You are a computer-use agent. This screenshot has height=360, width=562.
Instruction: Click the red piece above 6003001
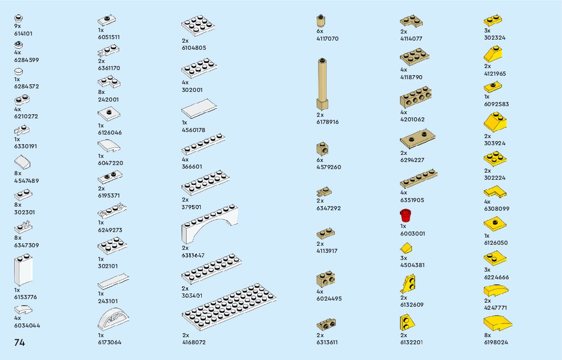[x=405, y=215]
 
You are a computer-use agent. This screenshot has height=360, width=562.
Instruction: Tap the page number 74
[x=19, y=342]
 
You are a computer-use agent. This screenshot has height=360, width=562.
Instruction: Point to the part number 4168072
[x=194, y=342]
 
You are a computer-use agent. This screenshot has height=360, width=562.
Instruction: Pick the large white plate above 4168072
[x=229, y=307]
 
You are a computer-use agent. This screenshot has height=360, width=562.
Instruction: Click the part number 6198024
[x=496, y=342]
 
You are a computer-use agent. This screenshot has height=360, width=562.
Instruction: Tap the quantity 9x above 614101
[x=18, y=26]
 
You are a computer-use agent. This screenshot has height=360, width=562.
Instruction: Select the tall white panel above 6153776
[x=23, y=271]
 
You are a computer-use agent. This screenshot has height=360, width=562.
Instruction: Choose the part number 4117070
[x=327, y=39]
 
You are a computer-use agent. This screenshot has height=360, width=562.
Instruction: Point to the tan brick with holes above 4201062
[x=419, y=97]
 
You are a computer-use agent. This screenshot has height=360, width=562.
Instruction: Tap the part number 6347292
[x=328, y=208]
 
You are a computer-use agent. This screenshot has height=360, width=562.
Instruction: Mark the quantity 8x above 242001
[x=101, y=92]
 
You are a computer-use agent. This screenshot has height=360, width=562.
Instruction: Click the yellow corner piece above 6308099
[x=494, y=192]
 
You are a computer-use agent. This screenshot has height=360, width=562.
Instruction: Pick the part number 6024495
[x=329, y=299]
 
